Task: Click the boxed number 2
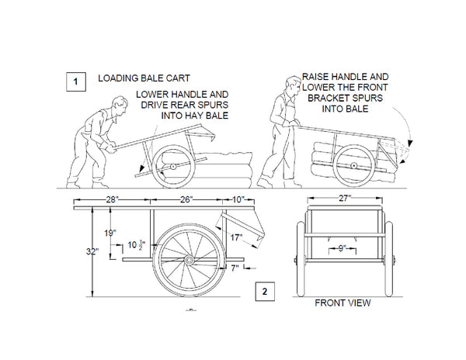click(x=265, y=292)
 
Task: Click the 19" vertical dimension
click(x=110, y=232)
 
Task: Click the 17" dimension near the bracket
click(x=236, y=237)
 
